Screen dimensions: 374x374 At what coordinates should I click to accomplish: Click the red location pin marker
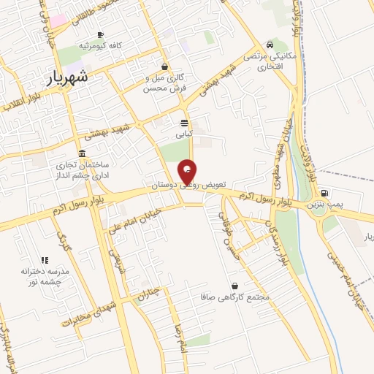point(188,170)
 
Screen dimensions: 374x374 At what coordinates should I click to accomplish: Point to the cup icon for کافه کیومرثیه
point(100,35)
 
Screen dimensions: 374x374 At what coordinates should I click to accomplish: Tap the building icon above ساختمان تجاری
point(81,154)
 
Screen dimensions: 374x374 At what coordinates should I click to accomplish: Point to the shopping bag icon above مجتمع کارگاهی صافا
point(234,286)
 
